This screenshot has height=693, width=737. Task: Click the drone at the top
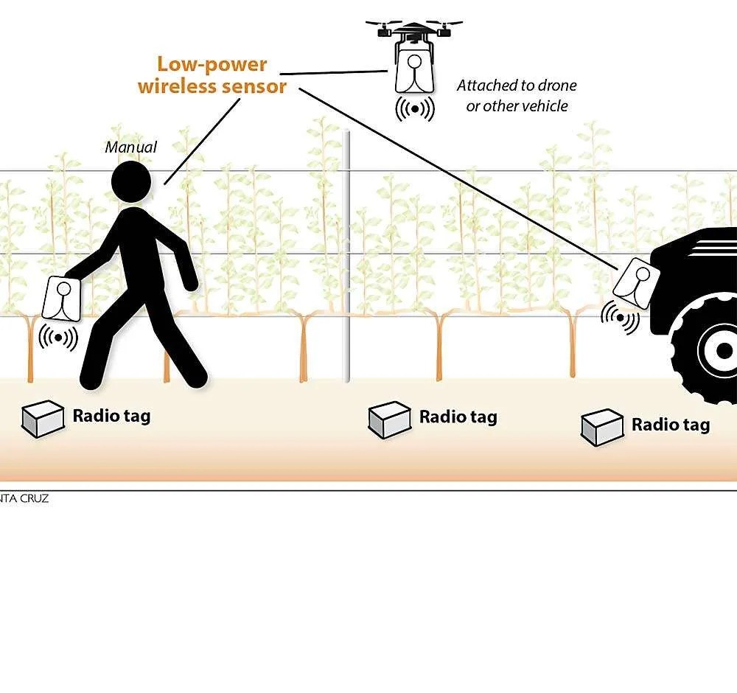click(414, 32)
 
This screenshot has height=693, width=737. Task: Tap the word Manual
click(131, 147)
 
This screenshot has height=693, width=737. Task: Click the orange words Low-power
click(212, 64)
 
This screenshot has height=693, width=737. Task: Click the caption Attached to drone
click(516, 86)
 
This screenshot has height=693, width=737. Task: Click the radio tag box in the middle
click(390, 419)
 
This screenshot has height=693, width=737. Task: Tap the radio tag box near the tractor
click(604, 428)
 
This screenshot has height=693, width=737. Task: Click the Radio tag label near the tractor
click(671, 425)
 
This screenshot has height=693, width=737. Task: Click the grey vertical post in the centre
click(347, 255)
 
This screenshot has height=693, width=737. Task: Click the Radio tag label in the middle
click(458, 417)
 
